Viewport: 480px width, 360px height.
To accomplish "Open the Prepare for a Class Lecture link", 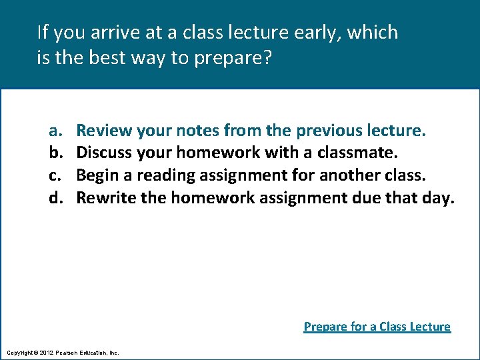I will (377, 327).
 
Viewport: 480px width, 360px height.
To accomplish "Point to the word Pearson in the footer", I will (68, 352).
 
